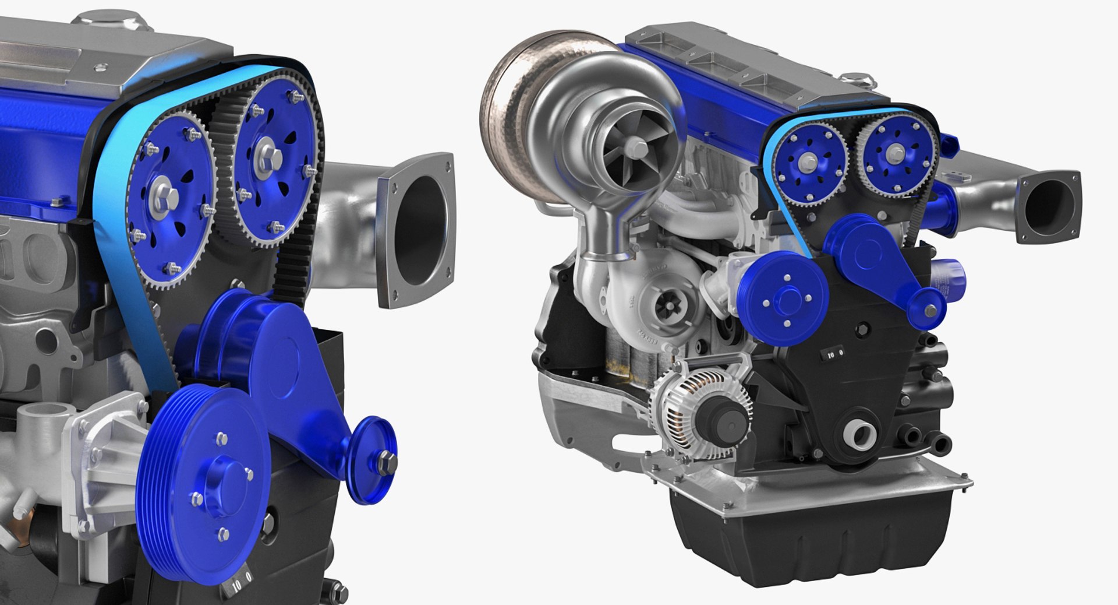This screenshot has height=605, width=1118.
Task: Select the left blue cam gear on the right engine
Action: pos(813,160)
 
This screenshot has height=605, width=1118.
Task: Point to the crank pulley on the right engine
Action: pos(786,301)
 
